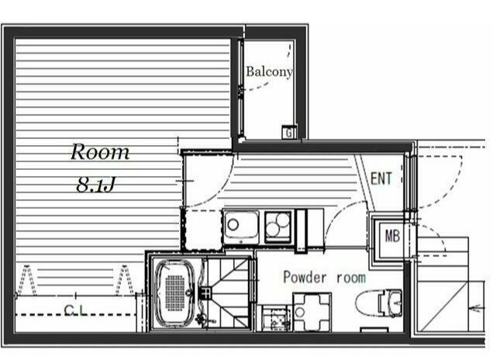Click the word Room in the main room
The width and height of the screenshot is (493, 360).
tap(100, 152)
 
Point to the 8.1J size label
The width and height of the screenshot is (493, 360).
tap(95, 185)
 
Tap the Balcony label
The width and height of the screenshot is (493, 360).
tap(269, 71)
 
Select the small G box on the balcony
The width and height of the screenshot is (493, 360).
tap(289, 132)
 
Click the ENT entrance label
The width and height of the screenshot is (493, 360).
tap(381, 178)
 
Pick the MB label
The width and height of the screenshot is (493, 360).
tap(392, 235)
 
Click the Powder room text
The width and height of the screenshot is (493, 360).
tap(325, 278)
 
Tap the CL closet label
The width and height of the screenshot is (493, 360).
tap(75, 310)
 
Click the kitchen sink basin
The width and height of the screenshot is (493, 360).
tap(242, 227)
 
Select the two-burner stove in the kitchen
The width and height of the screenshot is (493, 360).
tap(278, 227)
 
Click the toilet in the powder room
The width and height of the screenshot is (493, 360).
tap(379, 303)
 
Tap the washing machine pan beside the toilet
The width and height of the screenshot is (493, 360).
tap(312, 312)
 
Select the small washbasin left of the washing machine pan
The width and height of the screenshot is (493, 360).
tap(276, 318)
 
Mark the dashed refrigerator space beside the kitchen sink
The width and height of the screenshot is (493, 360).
tap(202, 230)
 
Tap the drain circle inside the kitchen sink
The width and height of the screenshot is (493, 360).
tap(233, 225)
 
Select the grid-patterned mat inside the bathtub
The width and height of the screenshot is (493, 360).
tap(175, 293)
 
